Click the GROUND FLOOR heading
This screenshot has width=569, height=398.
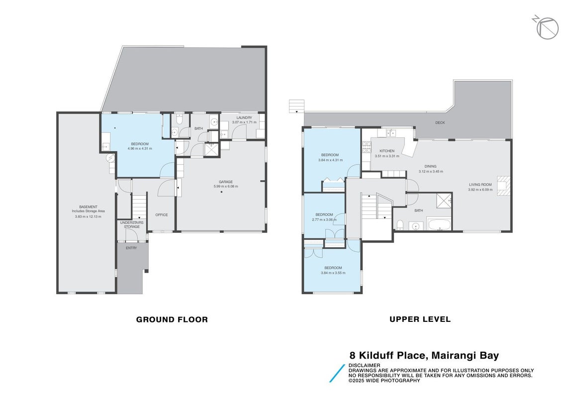tap(172, 319)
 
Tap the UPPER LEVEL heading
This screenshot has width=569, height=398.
tap(420, 319)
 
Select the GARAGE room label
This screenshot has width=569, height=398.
tap(226, 182)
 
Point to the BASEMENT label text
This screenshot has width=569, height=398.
tap(88, 207)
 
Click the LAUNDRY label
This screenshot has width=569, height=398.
tap(244, 117)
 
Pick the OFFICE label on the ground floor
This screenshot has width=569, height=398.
tap(162, 215)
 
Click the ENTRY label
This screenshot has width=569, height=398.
tap(131, 248)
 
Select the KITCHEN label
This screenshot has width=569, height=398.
tap(387, 151)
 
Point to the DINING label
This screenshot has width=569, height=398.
tap(430, 167)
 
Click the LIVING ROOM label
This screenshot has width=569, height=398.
tap(480, 185)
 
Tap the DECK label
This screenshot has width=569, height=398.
tap(440, 122)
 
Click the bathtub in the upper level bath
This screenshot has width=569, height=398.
tap(439, 224)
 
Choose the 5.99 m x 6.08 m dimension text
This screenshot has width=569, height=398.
tap(226, 187)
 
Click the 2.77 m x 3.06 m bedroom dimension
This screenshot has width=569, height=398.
tap(324, 219)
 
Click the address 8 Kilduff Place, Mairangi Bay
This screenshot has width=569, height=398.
tap(424, 355)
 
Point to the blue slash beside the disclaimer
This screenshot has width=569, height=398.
tap(337, 373)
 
